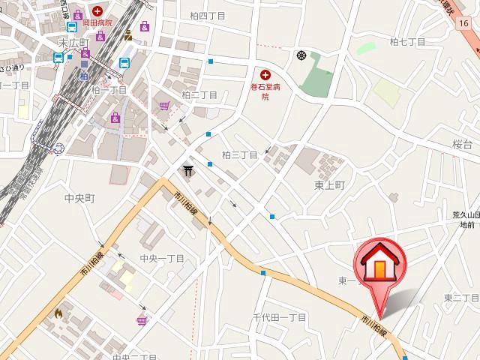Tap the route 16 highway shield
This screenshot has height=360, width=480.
tap(465, 23)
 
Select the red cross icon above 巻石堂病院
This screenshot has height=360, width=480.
tap(265, 73)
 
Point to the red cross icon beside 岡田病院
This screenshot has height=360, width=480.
tap(98, 12)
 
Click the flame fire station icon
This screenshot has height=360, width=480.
tap(58, 313)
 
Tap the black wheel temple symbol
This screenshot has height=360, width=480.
tap(301, 55)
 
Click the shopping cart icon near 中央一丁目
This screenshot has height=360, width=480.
tap(141, 320)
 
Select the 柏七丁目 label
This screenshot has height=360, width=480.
tap(407, 42)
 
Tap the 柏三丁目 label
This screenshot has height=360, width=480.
tap(240, 155)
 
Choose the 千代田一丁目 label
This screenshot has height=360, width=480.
tap(280, 317)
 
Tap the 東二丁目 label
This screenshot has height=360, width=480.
tap(461, 298)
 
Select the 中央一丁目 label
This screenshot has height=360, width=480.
tap(162, 259)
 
